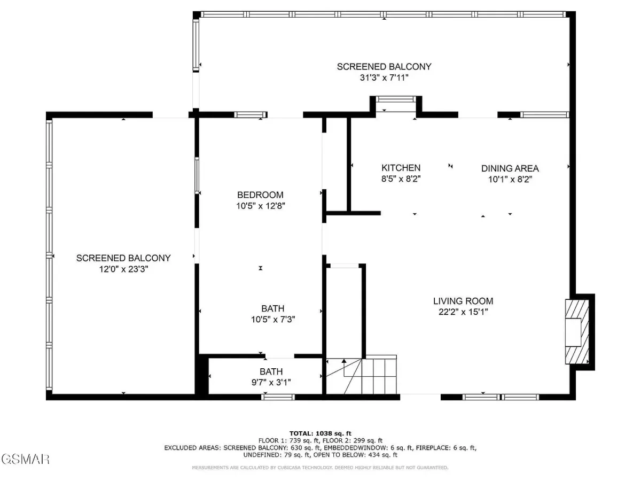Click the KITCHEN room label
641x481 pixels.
(401, 168)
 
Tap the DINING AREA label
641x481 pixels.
(510, 168)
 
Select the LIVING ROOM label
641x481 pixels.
(463, 301)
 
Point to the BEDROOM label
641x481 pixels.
(260, 195)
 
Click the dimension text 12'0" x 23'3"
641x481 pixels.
(123, 269)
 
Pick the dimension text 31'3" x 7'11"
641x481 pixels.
(384, 77)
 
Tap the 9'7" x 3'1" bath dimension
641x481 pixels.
(271, 382)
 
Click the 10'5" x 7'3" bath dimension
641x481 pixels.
(273, 320)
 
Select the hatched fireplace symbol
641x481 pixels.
(577, 331)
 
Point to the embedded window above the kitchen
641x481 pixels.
(396, 99)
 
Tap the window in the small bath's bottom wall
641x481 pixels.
(278, 397)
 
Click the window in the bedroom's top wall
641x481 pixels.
(251, 115)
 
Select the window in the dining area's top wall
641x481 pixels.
(545, 115)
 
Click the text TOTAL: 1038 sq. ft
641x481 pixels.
(320, 433)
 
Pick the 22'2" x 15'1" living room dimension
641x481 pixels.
(463, 312)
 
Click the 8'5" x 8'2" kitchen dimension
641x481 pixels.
(401, 179)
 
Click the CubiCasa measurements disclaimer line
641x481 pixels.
(320, 468)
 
